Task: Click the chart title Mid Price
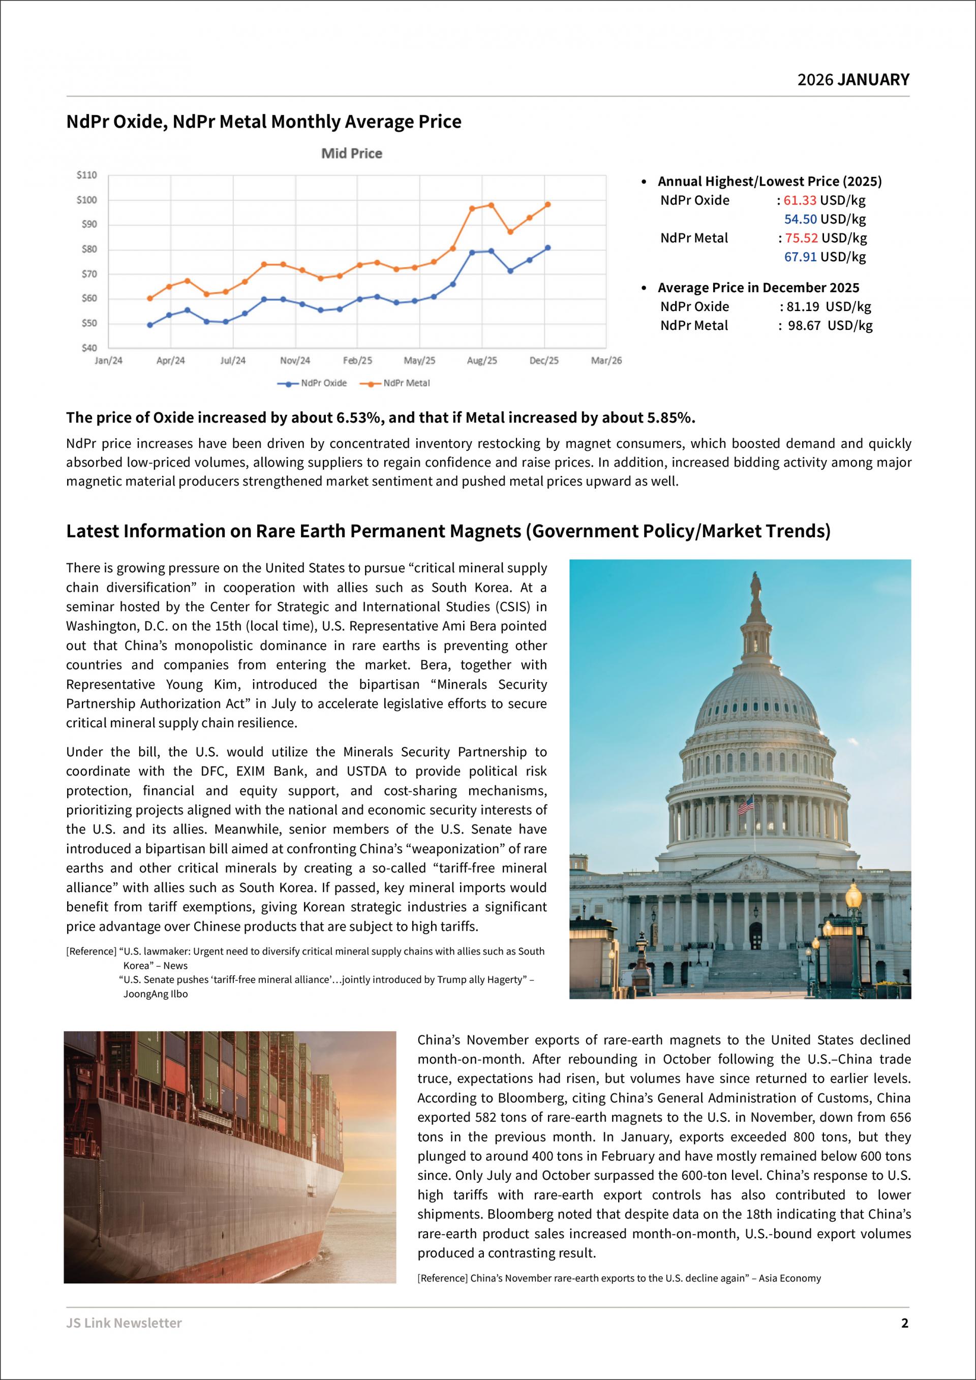point(352,154)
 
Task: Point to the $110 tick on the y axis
point(86,175)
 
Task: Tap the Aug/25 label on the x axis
point(482,360)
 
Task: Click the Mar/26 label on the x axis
point(606,360)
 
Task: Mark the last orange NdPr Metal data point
point(547,204)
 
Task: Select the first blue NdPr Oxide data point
point(149,325)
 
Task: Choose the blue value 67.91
point(800,257)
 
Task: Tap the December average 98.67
point(804,325)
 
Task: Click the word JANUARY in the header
point(873,79)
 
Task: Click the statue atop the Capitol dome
point(755,586)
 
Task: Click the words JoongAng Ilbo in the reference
point(156,994)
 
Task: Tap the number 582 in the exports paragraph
point(486,1117)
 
